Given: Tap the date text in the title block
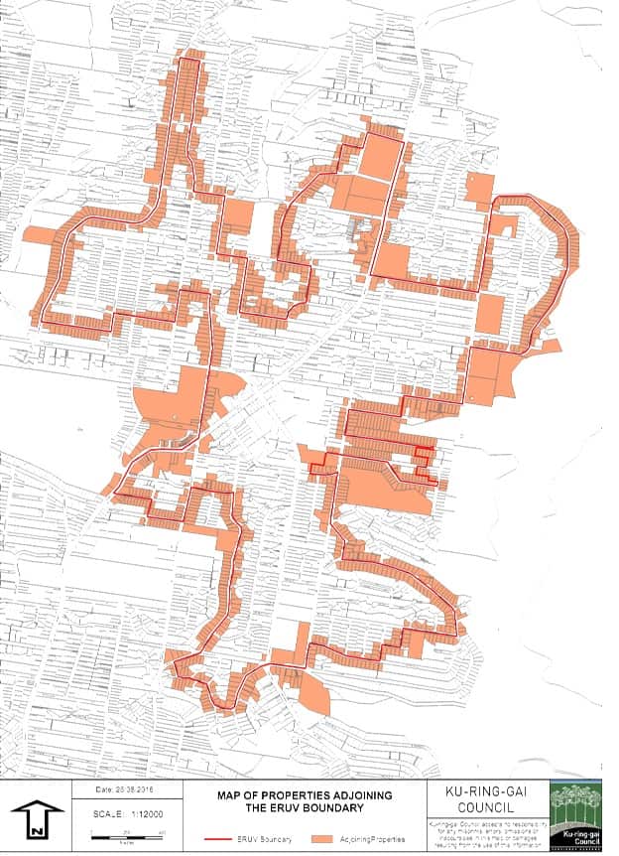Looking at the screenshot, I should pyautogui.click(x=128, y=790).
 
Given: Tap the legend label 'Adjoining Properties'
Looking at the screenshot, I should pyautogui.click(x=371, y=839).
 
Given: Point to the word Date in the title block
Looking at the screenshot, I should pyautogui.click(x=103, y=790).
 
